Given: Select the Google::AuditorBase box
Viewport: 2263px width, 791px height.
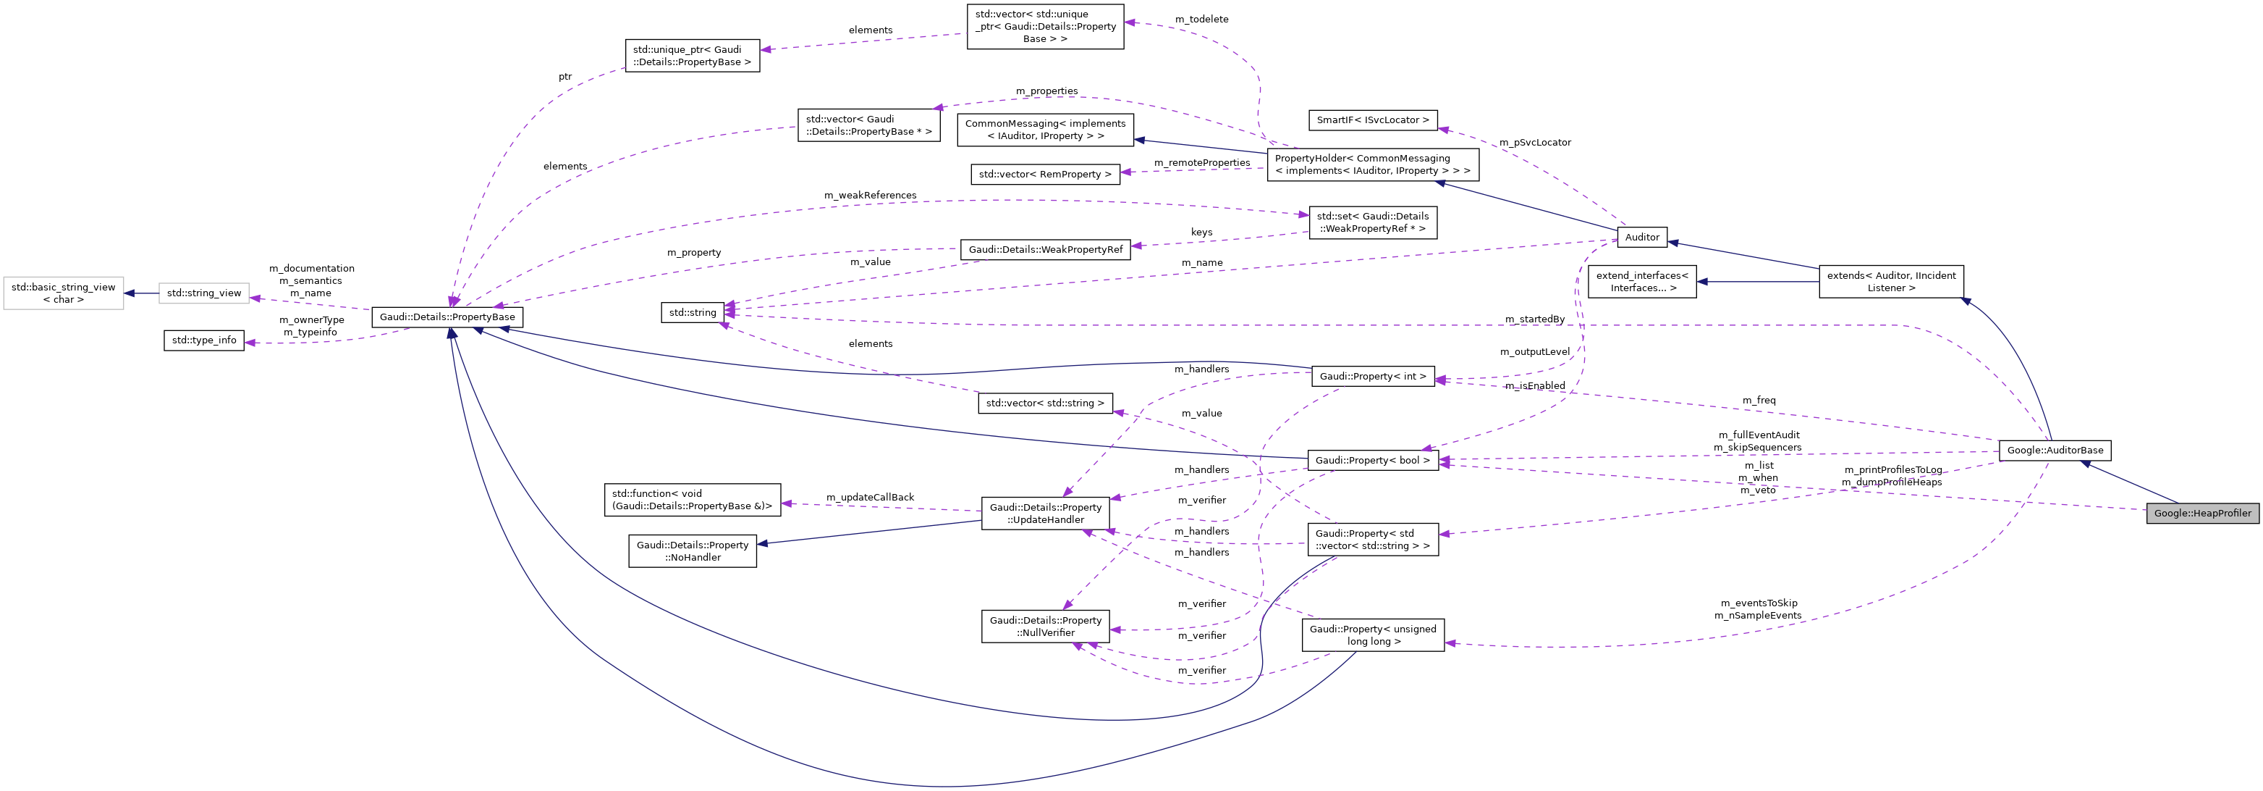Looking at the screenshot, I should click(2054, 451).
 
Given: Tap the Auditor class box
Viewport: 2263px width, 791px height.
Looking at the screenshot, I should click(1641, 238).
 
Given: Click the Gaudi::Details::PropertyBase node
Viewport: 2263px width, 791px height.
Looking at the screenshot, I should click(447, 317).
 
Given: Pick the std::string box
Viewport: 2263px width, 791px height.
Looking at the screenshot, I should click(693, 313).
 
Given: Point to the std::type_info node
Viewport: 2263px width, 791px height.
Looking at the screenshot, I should click(204, 340).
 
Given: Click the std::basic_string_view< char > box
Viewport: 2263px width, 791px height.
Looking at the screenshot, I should click(63, 293).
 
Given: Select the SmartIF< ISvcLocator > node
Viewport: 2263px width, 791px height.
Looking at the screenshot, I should click(1372, 120).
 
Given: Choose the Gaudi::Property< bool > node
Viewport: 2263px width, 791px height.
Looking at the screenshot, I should click(1372, 461).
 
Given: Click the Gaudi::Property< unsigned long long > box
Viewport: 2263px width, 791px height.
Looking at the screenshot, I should click(1372, 635).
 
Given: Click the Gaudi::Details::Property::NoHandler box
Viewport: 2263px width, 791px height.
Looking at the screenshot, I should click(693, 551).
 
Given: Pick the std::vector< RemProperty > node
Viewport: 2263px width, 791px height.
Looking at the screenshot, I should click(1044, 175).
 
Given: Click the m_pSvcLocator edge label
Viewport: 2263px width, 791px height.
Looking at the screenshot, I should click(1535, 143).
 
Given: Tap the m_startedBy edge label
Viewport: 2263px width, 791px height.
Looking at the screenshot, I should click(1534, 319).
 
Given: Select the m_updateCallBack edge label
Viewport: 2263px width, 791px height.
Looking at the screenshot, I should click(870, 498).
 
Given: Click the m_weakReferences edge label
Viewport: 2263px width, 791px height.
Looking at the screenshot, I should click(870, 195).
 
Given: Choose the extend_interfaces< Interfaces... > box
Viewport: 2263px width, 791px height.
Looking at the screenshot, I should click(1641, 282).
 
